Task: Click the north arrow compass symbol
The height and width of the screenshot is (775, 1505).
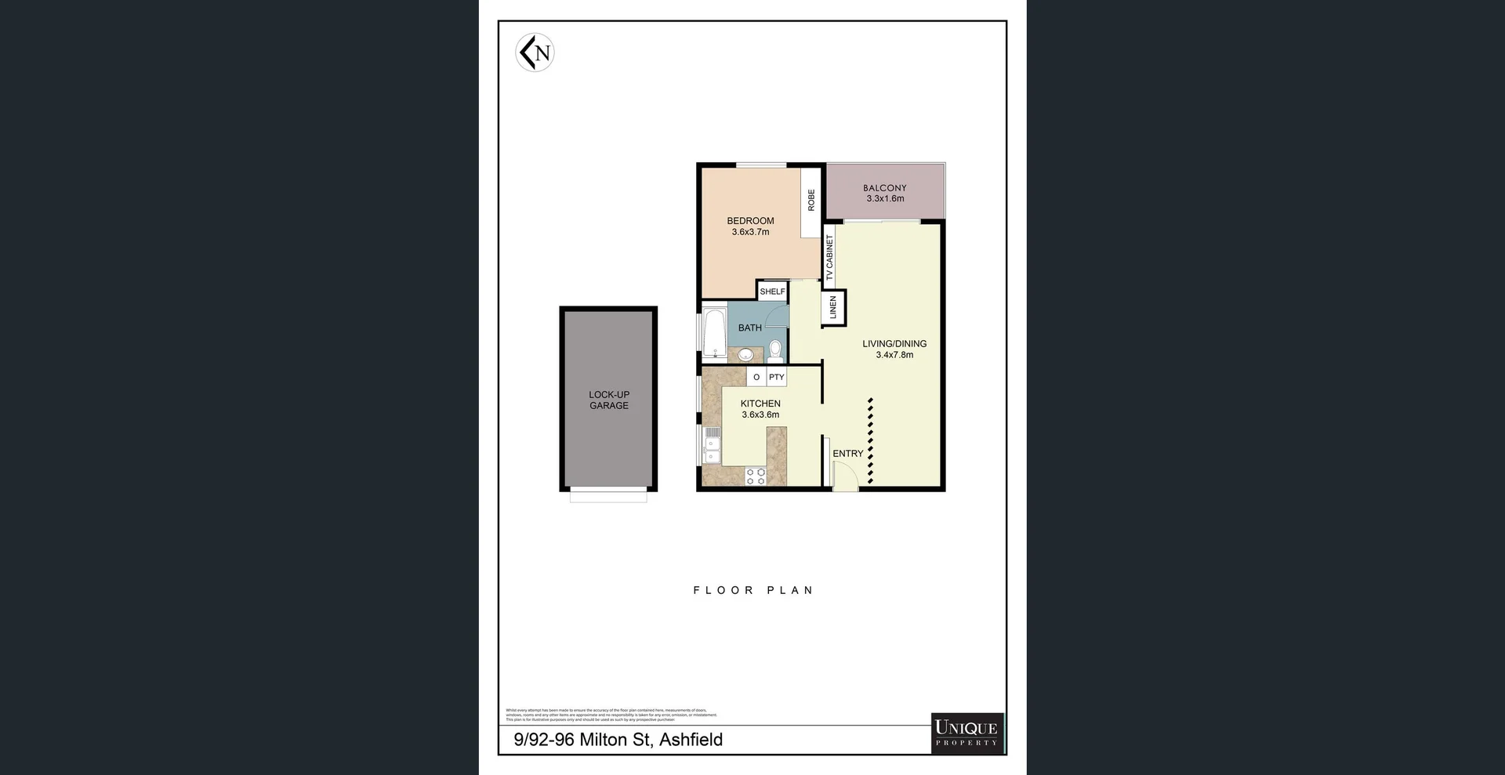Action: (x=535, y=53)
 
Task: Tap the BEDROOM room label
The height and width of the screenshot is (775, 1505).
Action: (x=750, y=221)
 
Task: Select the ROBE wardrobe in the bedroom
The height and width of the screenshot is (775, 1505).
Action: (x=811, y=201)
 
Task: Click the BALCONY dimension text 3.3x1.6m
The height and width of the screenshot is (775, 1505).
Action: (x=885, y=199)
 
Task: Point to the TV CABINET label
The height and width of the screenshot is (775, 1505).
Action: (x=829, y=257)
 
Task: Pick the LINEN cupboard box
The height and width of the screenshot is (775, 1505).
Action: (x=833, y=307)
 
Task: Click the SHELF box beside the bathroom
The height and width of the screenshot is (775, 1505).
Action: (x=772, y=292)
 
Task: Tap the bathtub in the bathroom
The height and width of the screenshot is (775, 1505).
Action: (x=714, y=333)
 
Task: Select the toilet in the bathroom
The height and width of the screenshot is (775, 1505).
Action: (x=775, y=349)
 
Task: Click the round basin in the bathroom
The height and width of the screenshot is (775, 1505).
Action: (x=745, y=355)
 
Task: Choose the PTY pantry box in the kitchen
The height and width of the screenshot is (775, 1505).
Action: (x=776, y=377)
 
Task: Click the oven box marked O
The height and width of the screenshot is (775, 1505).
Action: (x=756, y=377)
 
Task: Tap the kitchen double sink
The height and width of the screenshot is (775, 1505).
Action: (x=712, y=445)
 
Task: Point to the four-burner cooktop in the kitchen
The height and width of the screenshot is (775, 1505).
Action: (x=756, y=476)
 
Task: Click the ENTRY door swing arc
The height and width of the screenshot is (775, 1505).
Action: (x=845, y=476)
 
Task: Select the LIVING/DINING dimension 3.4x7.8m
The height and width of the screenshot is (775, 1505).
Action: (x=894, y=355)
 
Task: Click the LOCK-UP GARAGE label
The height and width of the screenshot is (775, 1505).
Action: (x=609, y=400)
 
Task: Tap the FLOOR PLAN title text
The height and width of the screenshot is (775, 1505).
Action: (x=753, y=590)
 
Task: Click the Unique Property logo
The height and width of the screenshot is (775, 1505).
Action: (x=966, y=733)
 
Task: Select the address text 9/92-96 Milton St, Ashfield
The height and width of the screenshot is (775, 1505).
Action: (x=618, y=740)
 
